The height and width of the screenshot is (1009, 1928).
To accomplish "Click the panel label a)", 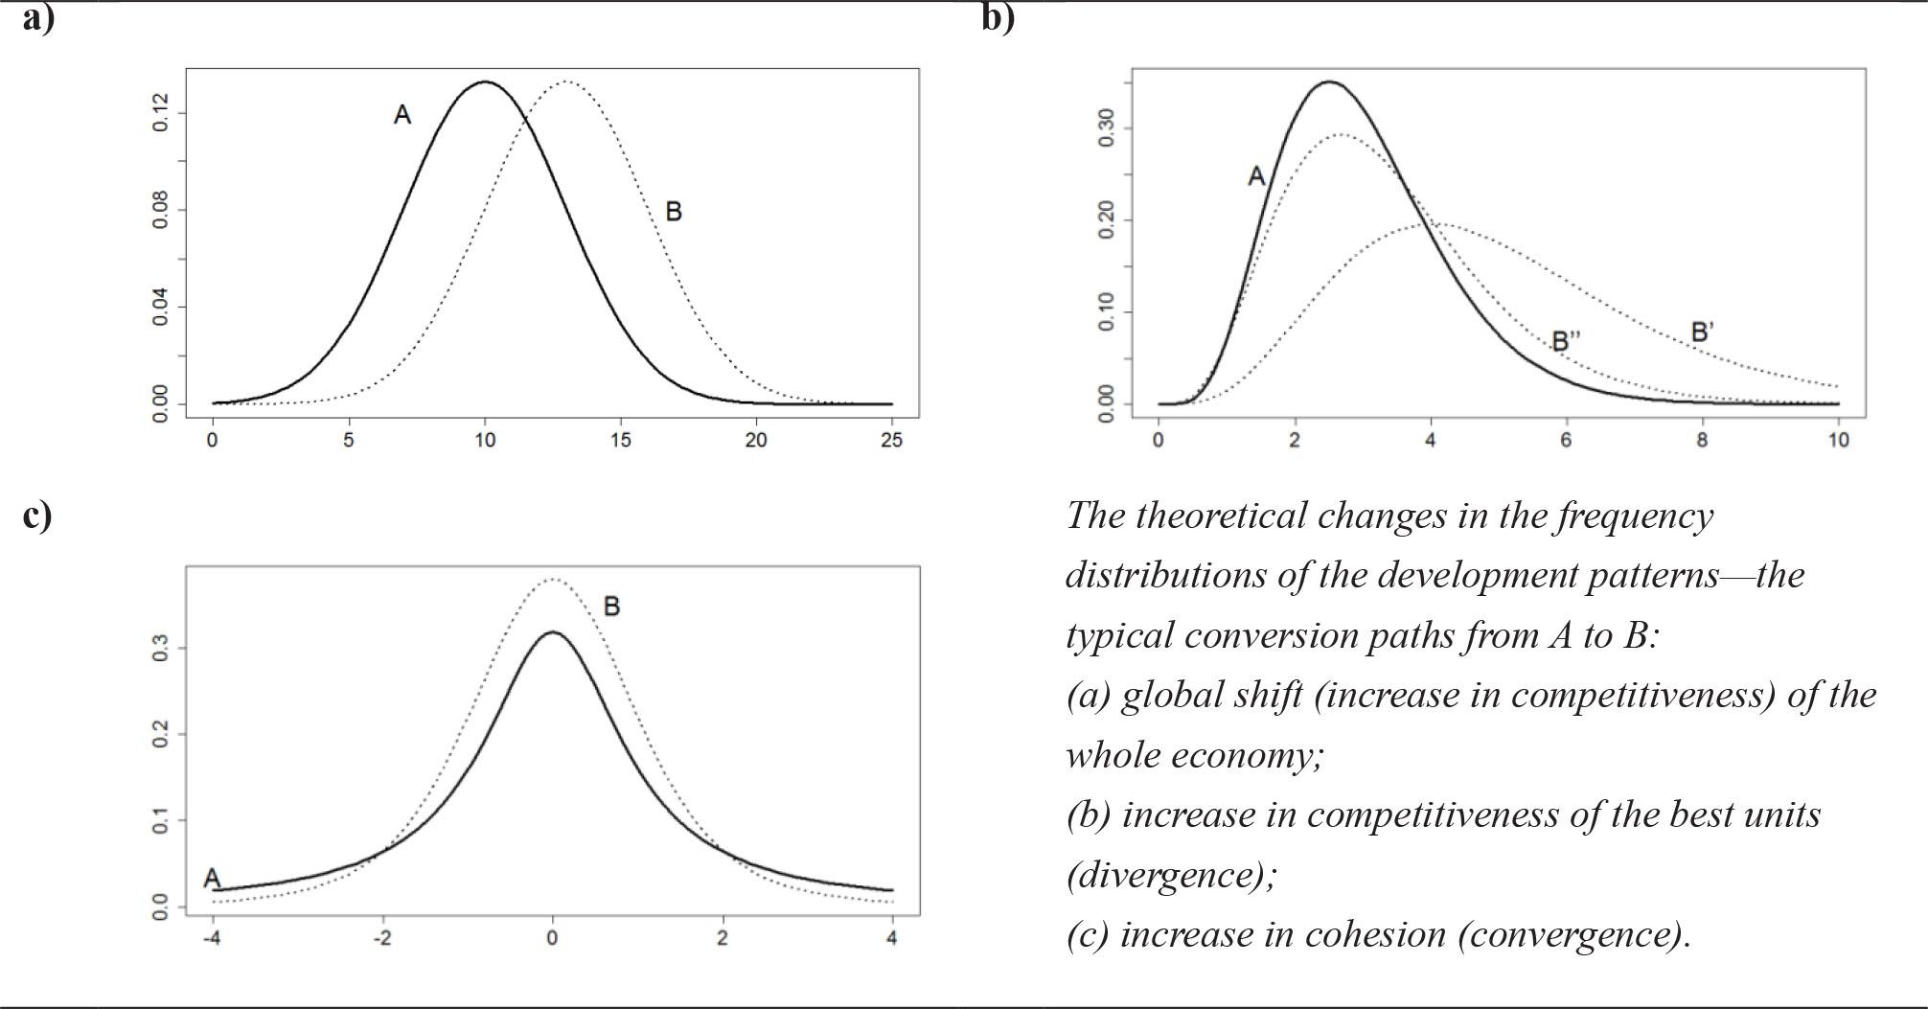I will (38, 18).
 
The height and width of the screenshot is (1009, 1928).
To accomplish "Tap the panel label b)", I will (998, 18).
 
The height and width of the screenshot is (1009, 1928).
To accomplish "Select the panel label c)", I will (37, 515).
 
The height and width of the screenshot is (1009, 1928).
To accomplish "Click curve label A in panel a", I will (402, 115).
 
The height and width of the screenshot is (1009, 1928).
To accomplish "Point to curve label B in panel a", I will (673, 212).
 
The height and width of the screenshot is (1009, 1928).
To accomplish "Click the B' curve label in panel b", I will (1702, 333).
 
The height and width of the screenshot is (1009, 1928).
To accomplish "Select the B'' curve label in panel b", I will (1566, 340).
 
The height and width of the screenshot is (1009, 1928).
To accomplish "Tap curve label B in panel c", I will (611, 607).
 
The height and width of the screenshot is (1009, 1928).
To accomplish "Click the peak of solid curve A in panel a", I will (485, 82).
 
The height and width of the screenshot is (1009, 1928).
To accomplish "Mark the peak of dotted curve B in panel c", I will (552, 579).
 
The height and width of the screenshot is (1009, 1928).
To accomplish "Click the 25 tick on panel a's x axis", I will (892, 441).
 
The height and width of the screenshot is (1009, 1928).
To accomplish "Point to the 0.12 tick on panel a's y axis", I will (161, 113).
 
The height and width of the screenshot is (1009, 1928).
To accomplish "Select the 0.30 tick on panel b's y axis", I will (1107, 127).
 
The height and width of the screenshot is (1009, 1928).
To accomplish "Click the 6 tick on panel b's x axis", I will (1567, 441).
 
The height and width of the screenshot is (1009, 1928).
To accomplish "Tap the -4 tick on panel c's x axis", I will (212, 938).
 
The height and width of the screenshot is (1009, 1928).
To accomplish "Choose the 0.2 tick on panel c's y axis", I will (161, 735).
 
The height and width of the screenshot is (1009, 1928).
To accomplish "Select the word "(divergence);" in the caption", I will (1171, 875).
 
